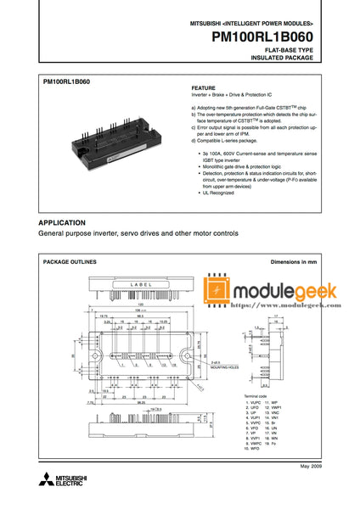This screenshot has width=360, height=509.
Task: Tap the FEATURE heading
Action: click(204, 87)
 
